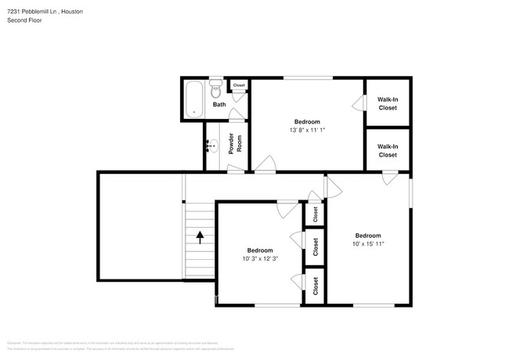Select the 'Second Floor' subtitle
24,20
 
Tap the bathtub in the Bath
193,99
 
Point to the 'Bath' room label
219,104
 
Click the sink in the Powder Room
211,145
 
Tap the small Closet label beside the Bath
239,85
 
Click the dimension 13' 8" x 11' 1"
306,131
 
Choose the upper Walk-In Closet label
387,103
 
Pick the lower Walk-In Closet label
387,150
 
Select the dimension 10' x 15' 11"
367,244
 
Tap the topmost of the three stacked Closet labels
315,213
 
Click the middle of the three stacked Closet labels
315,248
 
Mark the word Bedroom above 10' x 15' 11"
367,236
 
